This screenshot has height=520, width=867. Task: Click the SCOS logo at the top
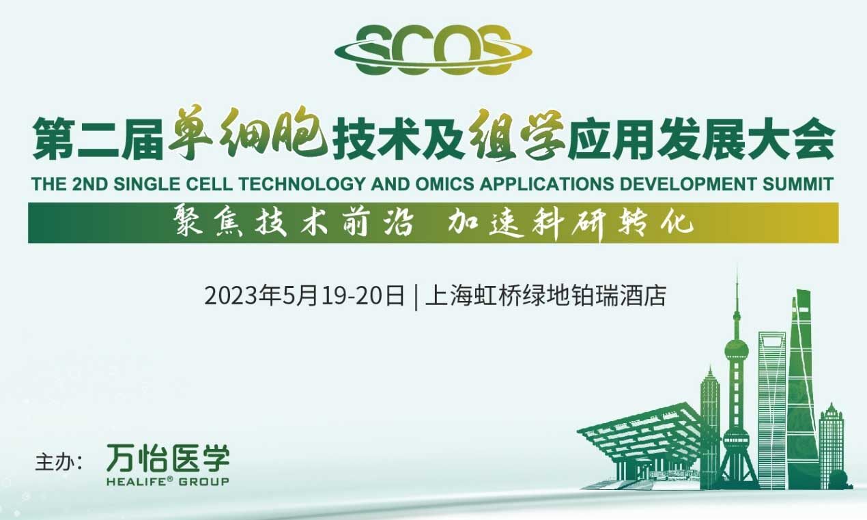433,50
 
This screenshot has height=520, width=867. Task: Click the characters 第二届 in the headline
98,139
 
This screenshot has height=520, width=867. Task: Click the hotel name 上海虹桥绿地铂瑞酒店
545,296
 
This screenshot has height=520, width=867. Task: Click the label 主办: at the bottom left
59,463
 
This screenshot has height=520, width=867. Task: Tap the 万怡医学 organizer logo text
168,458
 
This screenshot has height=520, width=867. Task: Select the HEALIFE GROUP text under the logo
167,482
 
